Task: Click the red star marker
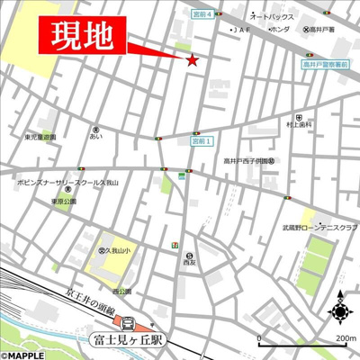click(192, 60)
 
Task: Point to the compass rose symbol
click(339, 312)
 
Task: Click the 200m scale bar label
click(345, 339)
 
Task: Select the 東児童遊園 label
click(40, 137)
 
